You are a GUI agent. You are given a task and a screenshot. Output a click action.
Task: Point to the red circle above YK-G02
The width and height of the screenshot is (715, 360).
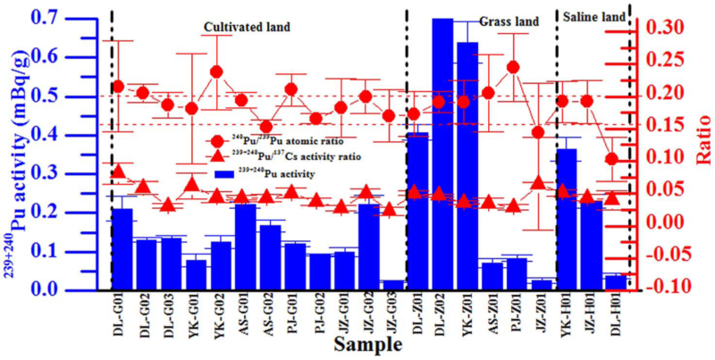point(216,72)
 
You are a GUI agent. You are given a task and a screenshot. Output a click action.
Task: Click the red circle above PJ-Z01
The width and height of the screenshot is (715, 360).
point(513,67)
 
